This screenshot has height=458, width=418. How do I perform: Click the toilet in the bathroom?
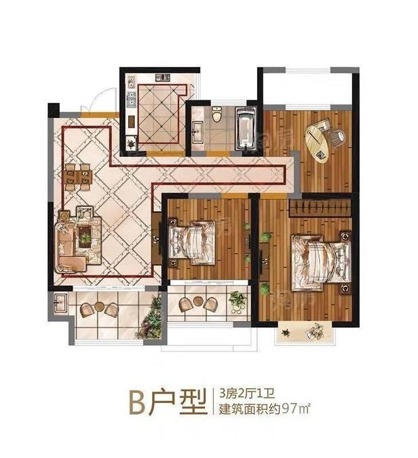click(x=216, y=114)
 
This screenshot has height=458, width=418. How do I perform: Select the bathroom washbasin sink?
click(x=197, y=132)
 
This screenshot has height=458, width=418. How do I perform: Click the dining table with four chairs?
click(x=77, y=177)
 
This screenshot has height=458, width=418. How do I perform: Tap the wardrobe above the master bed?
click(x=320, y=208)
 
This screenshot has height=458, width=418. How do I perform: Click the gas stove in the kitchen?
click(x=163, y=78)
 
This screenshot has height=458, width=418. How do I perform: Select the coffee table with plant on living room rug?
click(x=85, y=237)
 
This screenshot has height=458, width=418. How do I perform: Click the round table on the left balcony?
click(x=99, y=306)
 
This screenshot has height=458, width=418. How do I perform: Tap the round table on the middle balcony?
click(x=198, y=301)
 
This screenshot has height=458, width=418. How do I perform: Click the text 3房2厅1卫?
click(x=248, y=394)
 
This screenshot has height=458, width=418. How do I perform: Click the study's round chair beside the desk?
click(x=337, y=137)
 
